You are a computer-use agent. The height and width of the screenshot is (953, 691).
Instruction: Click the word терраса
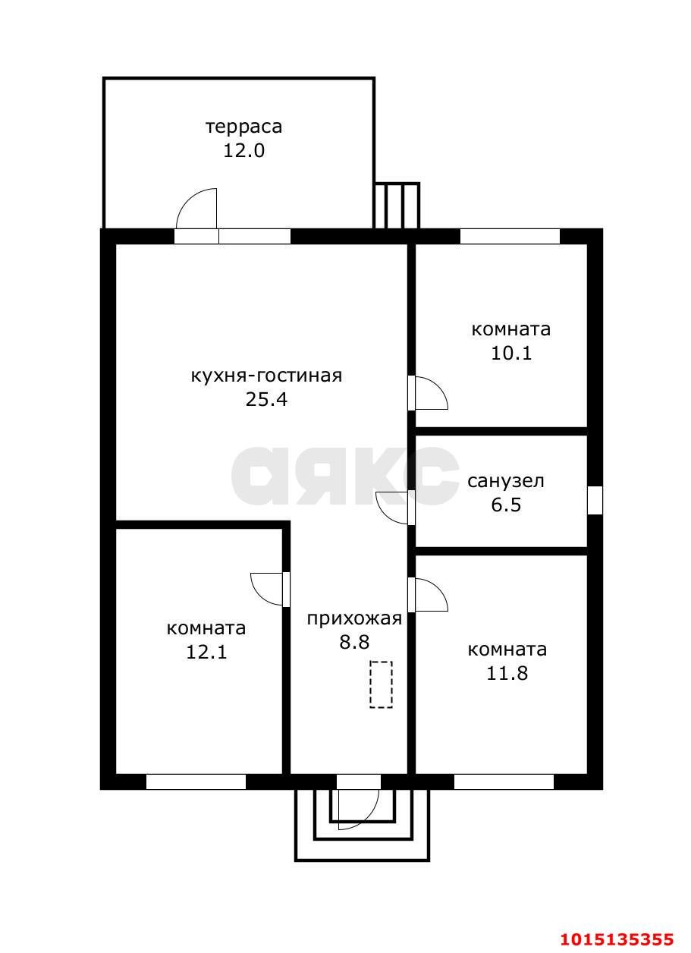click(x=243, y=126)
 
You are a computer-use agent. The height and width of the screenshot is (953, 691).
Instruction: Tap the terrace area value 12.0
click(x=243, y=150)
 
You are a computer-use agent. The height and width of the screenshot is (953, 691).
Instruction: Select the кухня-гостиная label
click(x=266, y=376)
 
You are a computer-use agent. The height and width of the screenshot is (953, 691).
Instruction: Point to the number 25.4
click(x=266, y=400)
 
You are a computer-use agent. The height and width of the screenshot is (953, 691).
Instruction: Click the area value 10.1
click(x=510, y=353)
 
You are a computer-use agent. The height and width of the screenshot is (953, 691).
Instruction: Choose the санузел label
click(x=505, y=481)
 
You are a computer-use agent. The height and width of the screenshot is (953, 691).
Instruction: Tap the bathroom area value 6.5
click(x=506, y=505)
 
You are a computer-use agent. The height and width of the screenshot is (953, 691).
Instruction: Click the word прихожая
click(x=353, y=618)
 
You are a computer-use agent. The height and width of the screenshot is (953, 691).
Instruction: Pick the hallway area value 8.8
click(x=354, y=643)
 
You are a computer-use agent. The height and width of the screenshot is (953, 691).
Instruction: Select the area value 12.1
click(x=206, y=652)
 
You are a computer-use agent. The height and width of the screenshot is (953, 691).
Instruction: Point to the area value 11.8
click(x=507, y=673)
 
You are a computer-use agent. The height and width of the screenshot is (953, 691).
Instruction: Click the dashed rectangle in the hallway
click(x=381, y=684)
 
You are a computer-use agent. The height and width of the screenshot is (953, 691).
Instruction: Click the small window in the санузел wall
click(x=595, y=500)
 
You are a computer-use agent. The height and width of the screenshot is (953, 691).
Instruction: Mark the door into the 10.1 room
click(x=429, y=393)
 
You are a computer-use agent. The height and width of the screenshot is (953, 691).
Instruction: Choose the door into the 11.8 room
click(x=429, y=595)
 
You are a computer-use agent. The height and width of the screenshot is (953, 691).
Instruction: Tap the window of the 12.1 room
click(x=196, y=782)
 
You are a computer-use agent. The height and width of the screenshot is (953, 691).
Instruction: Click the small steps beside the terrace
click(x=397, y=205)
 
